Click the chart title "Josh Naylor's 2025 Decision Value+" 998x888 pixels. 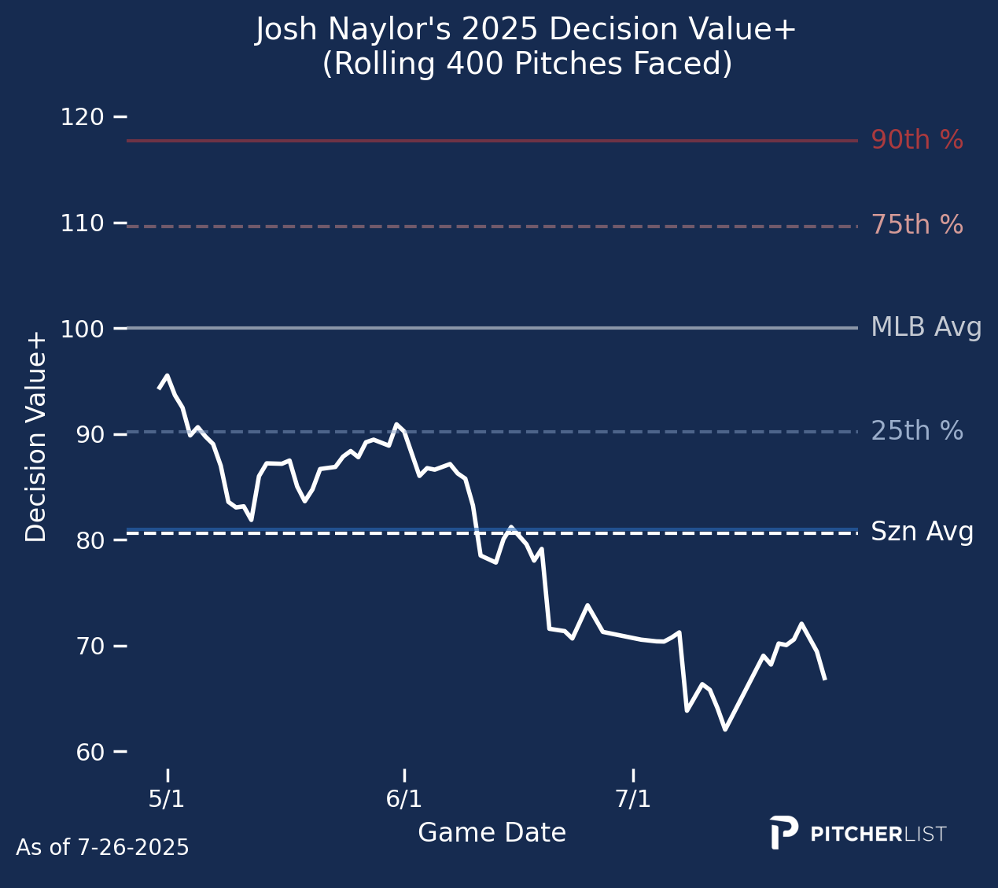click(x=526, y=31)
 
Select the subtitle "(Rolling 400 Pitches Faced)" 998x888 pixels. click(x=526, y=64)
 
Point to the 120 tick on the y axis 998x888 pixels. click(x=83, y=117)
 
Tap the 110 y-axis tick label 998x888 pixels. click(x=83, y=223)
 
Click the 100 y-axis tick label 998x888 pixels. click(x=83, y=329)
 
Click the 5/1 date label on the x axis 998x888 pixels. click(x=167, y=799)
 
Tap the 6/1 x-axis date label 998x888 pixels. click(x=403, y=799)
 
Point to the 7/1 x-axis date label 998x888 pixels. click(x=633, y=799)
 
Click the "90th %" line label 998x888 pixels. click(x=917, y=141)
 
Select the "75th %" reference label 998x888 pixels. click(x=917, y=226)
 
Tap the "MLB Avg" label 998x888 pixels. click(x=926, y=327)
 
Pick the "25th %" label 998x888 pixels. click(x=917, y=431)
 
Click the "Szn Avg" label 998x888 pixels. click(x=922, y=532)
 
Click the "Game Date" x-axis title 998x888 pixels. click(x=492, y=833)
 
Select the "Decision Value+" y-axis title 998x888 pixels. click(x=36, y=437)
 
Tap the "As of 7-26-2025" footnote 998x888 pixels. click(x=102, y=848)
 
